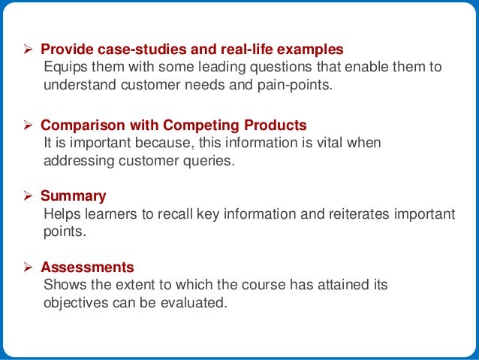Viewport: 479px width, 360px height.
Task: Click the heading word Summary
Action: [x=73, y=196]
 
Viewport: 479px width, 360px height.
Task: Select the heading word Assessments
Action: [x=87, y=267]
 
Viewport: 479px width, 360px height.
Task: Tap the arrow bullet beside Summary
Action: [x=30, y=196]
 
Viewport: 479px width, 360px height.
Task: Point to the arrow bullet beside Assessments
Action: [x=30, y=267]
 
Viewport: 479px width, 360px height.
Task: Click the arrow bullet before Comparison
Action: [x=30, y=124]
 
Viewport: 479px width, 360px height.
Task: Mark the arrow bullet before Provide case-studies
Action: [x=30, y=50]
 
